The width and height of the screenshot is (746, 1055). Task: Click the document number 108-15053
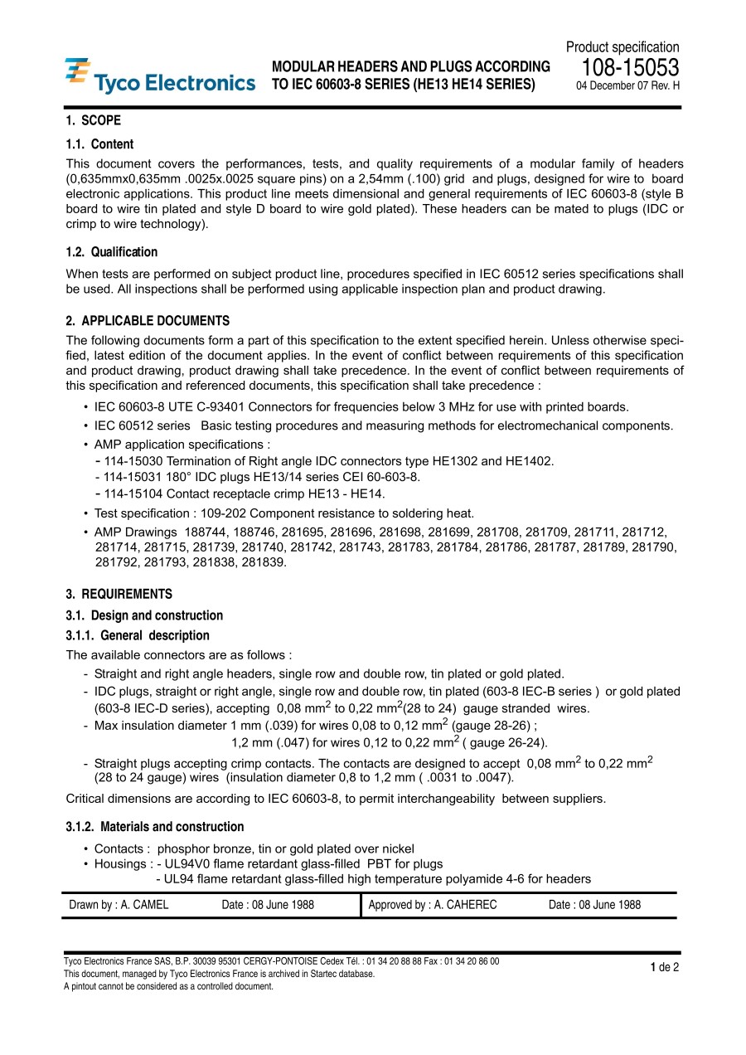(x=630, y=68)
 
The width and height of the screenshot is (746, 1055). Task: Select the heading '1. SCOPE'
(x=93, y=120)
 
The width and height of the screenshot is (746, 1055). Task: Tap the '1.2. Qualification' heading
(x=111, y=252)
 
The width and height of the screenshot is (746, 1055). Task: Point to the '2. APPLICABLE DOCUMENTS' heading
(x=148, y=321)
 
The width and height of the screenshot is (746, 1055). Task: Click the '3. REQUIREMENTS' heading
(x=119, y=594)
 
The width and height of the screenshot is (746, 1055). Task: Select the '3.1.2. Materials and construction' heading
(x=154, y=827)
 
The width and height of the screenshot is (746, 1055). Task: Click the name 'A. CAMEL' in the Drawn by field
(x=144, y=905)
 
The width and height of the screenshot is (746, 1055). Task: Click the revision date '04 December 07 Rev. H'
(x=627, y=85)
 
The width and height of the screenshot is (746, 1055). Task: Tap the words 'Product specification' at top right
(x=622, y=47)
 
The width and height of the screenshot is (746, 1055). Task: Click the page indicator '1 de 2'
(x=665, y=967)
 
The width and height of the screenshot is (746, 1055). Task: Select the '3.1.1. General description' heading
(x=137, y=636)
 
